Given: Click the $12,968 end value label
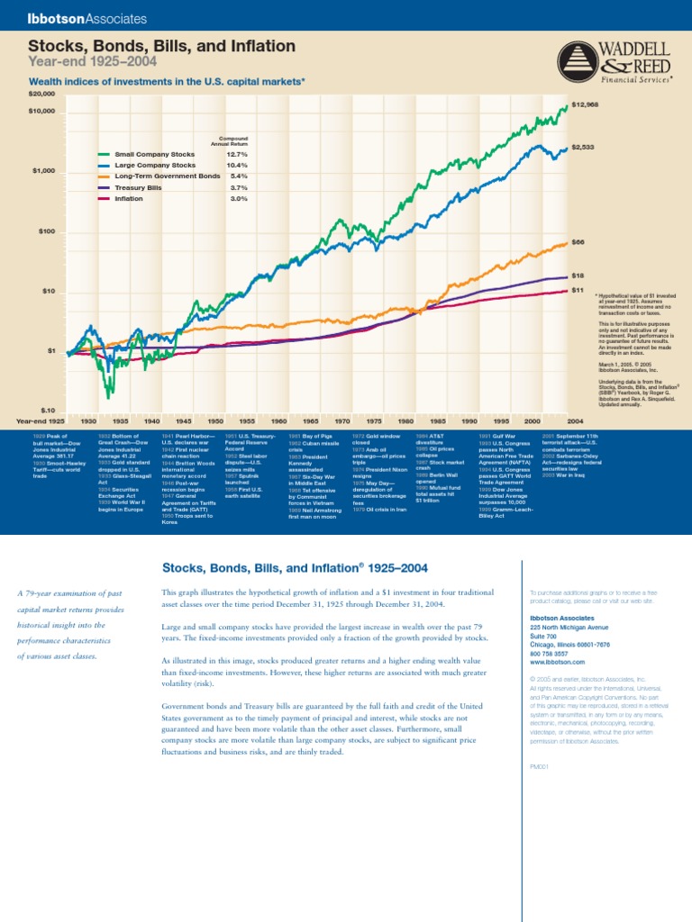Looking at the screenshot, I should (584, 104).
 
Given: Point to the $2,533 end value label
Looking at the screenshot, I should (581, 147).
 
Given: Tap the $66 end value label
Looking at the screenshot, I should (578, 242).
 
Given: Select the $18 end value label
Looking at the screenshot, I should (578, 276).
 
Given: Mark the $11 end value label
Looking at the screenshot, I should (578, 290).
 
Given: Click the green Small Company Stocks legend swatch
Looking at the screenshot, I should (105, 155).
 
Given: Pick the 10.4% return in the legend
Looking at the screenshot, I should (237, 166).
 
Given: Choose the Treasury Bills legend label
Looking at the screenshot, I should (134, 187).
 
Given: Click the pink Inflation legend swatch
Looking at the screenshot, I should (105, 198).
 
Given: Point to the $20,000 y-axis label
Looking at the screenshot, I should (41, 94).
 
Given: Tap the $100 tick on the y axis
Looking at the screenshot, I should (47, 231).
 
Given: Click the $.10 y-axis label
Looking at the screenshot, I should (47, 410).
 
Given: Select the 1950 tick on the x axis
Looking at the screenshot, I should (215, 420).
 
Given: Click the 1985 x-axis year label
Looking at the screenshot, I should (438, 420).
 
